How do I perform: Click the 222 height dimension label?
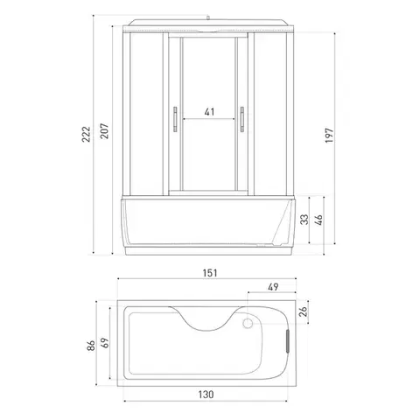click(86, 134)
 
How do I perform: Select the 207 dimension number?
click(104, 131)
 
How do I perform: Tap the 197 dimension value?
click(329, 136)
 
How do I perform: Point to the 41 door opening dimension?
click(209, 112)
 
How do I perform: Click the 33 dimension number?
click(304, 220)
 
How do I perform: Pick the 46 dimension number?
click(319, 220)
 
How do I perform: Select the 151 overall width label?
click(210, 273)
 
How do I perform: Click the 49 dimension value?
click(273, 287)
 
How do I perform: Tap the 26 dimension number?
click(304, 311)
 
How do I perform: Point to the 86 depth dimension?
click(91, 346)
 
